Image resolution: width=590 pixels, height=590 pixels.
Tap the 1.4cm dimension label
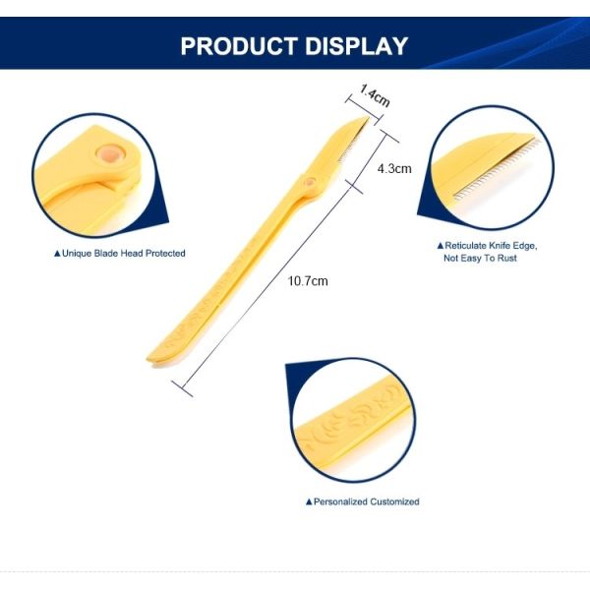pyautogui.click(x=374, y=96)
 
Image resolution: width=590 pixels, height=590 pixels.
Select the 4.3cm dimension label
pyautogui.click(x=394, y=168)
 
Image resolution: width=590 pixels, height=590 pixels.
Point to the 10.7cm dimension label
pyautogui.click(x=308, y=281)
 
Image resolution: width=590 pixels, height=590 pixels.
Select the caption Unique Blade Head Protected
pyautogui.click(x=123, y=254)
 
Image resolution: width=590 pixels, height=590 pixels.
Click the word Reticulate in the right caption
pyautogui.click(x=467, y=245)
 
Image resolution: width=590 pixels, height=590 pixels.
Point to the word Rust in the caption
pyautogui.click(x=505, y=258)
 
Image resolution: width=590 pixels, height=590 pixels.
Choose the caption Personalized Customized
pyautogui.click(x=366, y=501)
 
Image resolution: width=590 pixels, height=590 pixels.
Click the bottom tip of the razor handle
pyautogui.click(x=149, y=355)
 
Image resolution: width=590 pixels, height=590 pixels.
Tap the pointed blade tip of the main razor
pyautogui.click(x=368, y=117)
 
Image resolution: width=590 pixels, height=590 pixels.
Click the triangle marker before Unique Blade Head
pyautogui.click(x=57, y=254)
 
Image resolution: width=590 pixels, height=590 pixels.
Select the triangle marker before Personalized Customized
pyautogui.click(x=309, y=501)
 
